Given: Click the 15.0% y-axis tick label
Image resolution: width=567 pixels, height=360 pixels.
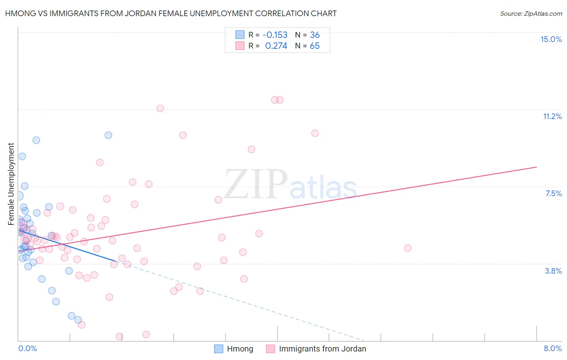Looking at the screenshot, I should point(551,39).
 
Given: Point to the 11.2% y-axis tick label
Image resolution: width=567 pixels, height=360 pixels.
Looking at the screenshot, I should point(552,116).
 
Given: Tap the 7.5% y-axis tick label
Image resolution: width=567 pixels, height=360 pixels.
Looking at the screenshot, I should point(553,193).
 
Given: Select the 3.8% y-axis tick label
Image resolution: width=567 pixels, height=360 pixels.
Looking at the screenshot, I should point(553,271).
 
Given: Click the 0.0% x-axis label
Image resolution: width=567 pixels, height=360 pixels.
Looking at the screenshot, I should point(27,348).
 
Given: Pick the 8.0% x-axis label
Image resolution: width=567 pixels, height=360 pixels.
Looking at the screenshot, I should point(552,348).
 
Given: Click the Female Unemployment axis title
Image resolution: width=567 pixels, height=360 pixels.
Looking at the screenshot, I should point(11,184).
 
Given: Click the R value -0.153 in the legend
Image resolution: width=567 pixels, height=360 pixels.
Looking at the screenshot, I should point(275,35).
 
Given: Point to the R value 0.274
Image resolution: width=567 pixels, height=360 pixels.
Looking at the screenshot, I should point(276,46).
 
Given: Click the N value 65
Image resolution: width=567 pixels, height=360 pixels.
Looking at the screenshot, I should point(315,46).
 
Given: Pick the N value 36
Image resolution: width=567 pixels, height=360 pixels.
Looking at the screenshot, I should point(315,35).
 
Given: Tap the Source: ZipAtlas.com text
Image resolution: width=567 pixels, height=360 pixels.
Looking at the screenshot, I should point(531,13).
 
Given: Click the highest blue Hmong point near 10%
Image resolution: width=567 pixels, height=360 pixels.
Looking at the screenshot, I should point(108,135).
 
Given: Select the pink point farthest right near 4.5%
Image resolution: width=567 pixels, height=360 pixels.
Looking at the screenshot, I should point(408,248).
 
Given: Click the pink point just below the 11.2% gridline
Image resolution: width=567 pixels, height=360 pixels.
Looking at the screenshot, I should point(160,108).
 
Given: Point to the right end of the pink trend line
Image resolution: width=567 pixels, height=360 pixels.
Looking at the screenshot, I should point(536,167).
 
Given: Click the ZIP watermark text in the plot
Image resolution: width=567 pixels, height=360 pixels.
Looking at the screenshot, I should point(256,184).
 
